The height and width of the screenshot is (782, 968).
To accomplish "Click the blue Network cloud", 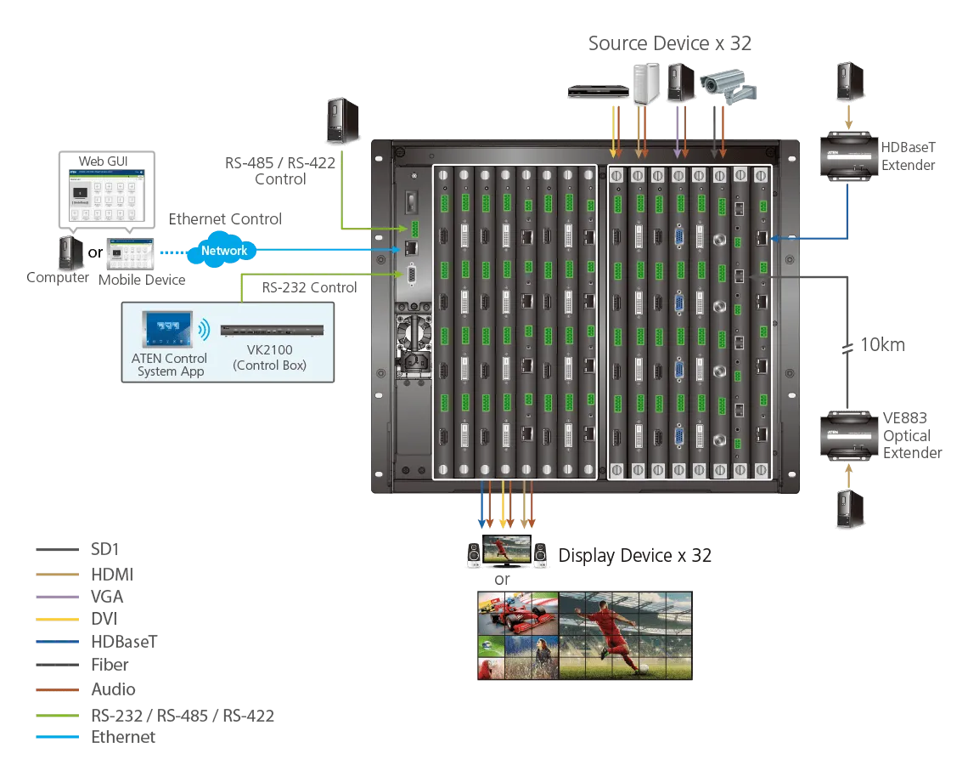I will (224, 251).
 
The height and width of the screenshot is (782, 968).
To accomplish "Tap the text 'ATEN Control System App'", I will (169, 365).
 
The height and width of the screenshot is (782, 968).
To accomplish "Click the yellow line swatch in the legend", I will (58, 619).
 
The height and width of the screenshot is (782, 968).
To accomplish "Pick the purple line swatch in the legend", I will (58, 595).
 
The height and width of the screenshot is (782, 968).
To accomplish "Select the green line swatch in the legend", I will (58, 717).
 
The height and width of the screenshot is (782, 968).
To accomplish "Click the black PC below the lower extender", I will (849, 509).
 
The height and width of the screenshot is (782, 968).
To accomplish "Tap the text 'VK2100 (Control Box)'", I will (271, 359).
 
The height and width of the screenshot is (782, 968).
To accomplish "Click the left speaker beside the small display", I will (474, 557).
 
